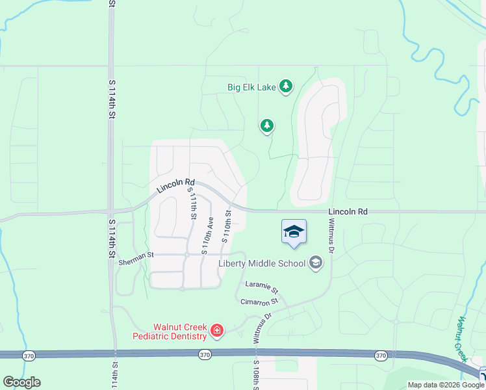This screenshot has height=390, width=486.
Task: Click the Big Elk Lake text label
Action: click(251, 87)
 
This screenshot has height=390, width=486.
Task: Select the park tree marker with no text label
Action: click(266, 125)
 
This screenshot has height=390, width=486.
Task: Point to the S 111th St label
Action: click(193, 203)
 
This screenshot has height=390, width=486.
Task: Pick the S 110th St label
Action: click(227, 226)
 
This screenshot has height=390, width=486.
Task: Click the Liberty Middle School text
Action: click(262, 263)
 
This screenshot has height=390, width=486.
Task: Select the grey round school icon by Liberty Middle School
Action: click(316, 263)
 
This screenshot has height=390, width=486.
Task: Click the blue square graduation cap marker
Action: click(294, 233)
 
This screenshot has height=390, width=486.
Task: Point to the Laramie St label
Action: click(261, 287)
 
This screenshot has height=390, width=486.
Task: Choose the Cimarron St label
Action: click(259, 302)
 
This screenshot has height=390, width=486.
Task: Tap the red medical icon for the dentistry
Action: click(217, 332)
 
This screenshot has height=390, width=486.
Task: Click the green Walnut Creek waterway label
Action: click(462, 339)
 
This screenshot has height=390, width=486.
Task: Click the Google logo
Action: click(21, 382)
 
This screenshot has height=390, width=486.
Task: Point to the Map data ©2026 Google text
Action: click(446, 385)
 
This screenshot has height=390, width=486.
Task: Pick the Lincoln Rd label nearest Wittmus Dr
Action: click(348, 211)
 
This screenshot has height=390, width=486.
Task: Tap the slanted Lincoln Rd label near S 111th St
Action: click(175, 187)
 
